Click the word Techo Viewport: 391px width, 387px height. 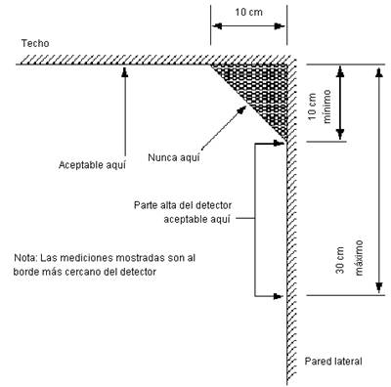pos(35,43)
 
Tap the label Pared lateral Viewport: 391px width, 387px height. pos(333,361)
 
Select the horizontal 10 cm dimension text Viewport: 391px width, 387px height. pos(249,13)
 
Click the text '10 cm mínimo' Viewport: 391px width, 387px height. pos(320,107)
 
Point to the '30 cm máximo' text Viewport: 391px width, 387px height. pos(349,258)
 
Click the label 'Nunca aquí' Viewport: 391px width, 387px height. pos(174,157)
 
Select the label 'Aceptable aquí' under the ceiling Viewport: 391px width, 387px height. pos(92,165)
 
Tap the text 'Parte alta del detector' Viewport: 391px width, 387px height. pos(183,205)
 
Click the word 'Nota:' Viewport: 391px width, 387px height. pos(25,258)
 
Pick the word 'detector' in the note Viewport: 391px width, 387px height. pos(138,272)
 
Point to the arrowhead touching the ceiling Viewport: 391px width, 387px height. pos(125,71)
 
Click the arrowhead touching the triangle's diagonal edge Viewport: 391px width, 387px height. pos(241,109)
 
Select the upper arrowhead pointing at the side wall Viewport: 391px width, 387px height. pos(279,143)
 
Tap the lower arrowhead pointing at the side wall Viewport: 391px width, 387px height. pos(278,296)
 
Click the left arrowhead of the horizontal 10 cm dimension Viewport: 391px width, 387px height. pos(217,26)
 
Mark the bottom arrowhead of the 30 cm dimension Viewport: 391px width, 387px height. pos(379,287)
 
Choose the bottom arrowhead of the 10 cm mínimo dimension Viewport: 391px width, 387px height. pos(340,134)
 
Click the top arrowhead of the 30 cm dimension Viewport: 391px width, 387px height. pos(378,72)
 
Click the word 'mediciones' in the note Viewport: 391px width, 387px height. pos(84,258)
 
